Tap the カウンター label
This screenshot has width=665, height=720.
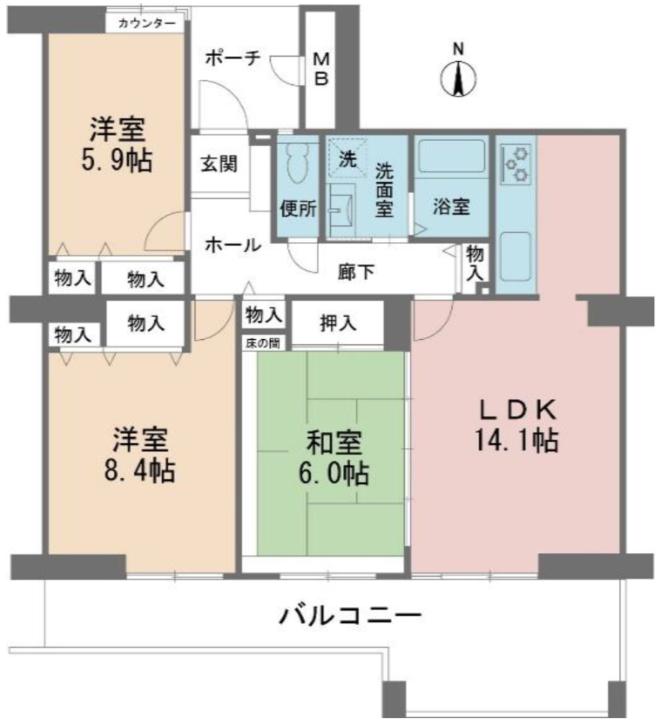tap(146, 23)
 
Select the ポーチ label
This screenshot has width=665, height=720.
tap(233, 58)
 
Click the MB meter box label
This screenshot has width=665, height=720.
tap(321, 69)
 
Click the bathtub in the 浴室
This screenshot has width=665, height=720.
tap(452, 156)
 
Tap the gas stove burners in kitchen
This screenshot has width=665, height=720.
tap(516, 163)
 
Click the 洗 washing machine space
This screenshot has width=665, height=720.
tap(347, 158)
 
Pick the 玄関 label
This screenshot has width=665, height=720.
tap(219, 164)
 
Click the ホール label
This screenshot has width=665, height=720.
tap(233, 245)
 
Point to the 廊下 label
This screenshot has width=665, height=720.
tap(356, 272)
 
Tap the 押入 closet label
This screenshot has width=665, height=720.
tap(338, 324)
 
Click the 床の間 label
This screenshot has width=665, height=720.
tap(262, 343)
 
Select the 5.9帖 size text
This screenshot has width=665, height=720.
tap(117, 161)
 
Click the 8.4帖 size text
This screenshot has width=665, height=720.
tap(140, 470)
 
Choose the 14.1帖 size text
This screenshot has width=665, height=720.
tap(517, 440)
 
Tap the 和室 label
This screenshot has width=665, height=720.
tap(334, 442)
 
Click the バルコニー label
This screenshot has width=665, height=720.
tap(351, 616)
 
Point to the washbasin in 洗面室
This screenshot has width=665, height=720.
tap(343, 209)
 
